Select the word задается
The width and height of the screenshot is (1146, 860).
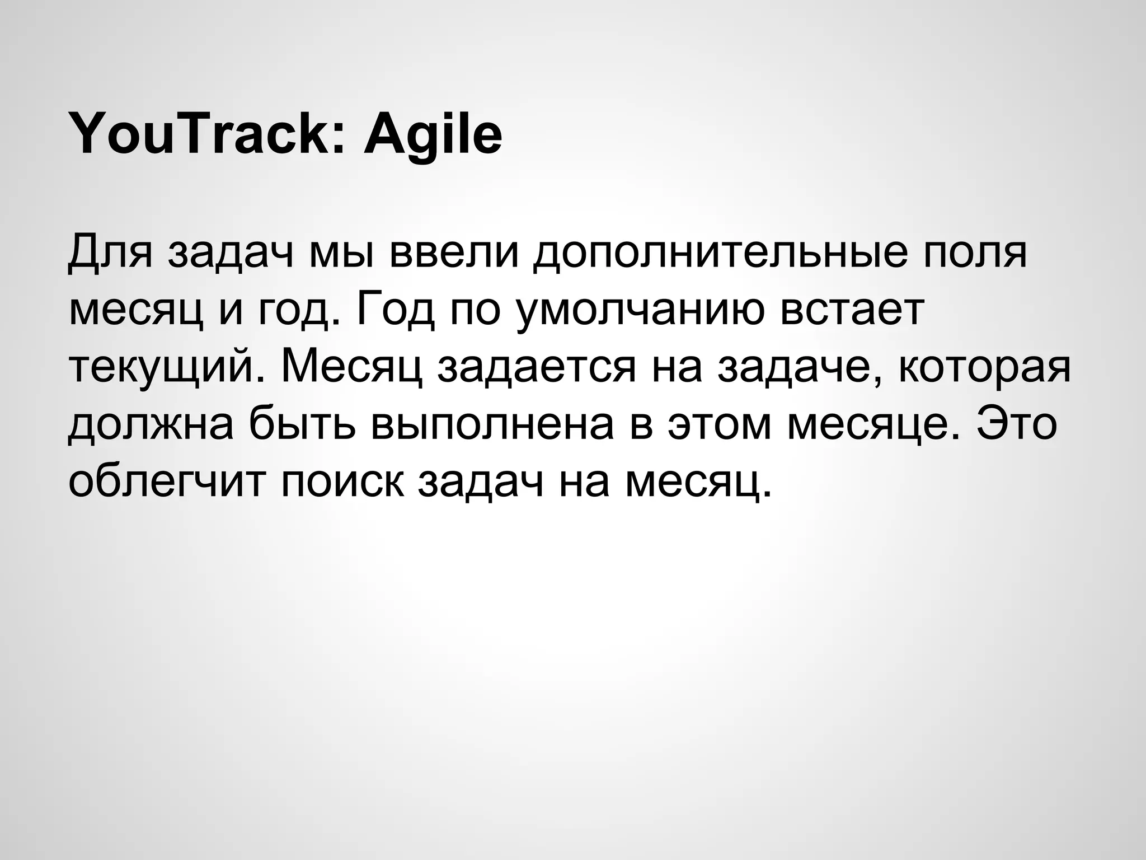[x=537, y=368]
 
